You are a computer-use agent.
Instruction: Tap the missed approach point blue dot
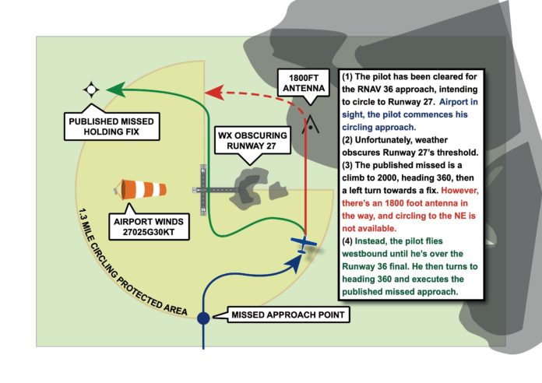point(203,317)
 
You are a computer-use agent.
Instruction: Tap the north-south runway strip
point(204,191)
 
